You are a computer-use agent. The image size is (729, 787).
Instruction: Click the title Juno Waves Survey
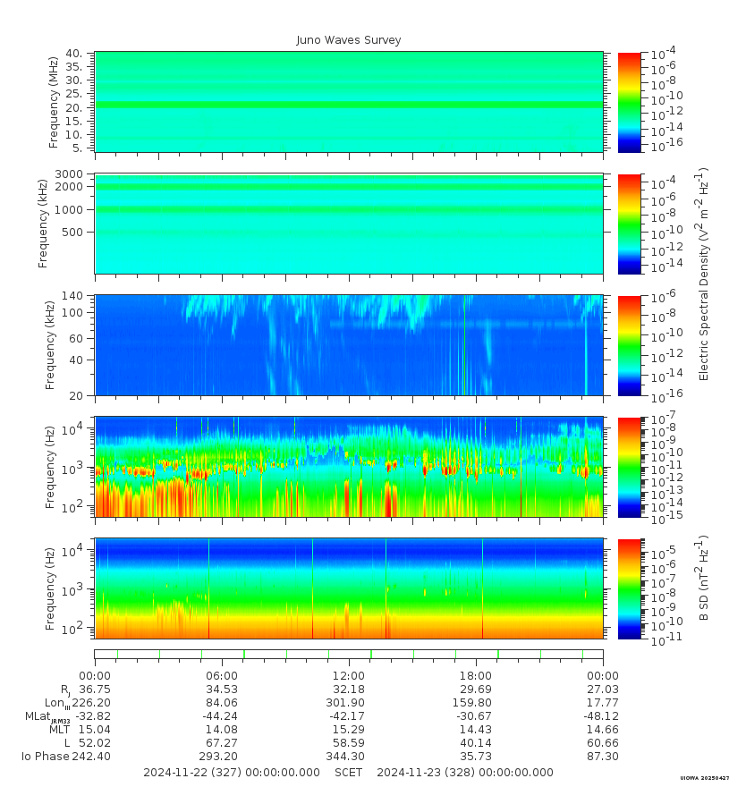349,40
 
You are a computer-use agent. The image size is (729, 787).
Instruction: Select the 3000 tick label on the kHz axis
72,173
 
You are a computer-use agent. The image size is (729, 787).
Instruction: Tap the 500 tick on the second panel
74,232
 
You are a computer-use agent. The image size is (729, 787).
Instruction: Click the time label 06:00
222,675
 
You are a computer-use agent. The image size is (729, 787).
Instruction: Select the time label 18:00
476,675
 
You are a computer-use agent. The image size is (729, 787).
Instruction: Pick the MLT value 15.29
348,730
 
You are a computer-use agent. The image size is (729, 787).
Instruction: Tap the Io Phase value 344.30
348,757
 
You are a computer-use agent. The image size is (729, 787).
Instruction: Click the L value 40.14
476,743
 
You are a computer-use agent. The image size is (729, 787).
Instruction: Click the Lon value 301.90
348,703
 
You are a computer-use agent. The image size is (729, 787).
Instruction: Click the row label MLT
60,730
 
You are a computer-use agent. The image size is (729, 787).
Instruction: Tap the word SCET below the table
349,773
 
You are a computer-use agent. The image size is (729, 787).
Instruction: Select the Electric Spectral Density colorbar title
704,273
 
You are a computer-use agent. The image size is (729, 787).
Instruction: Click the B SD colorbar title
704,579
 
